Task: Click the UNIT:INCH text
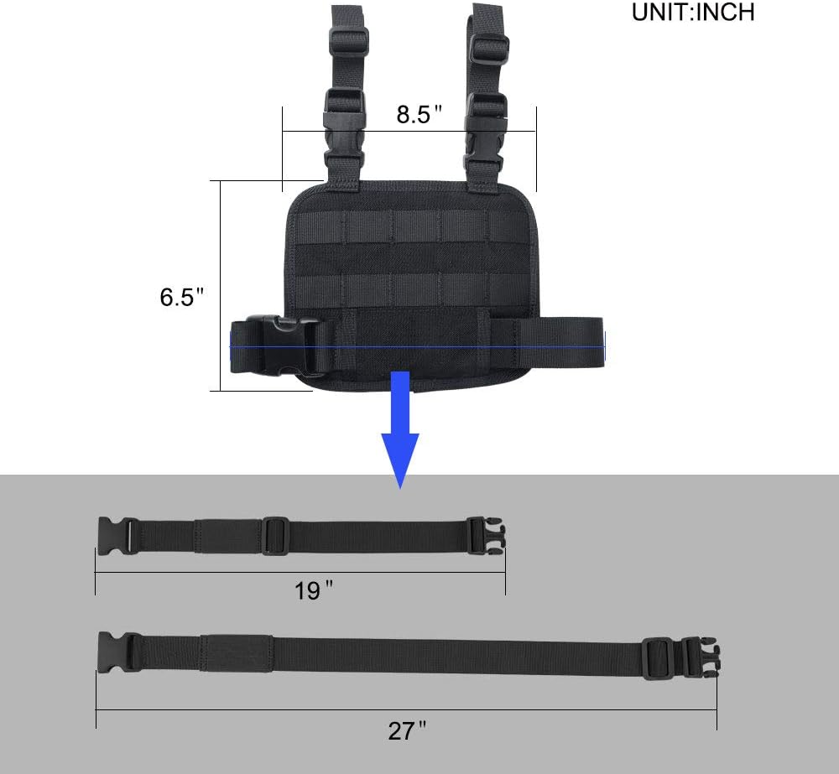point(693,13)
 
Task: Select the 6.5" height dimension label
point(182,297)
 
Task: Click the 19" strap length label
point(314,590)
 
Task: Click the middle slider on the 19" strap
point(275,536)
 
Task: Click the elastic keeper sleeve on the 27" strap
point(237,652)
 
